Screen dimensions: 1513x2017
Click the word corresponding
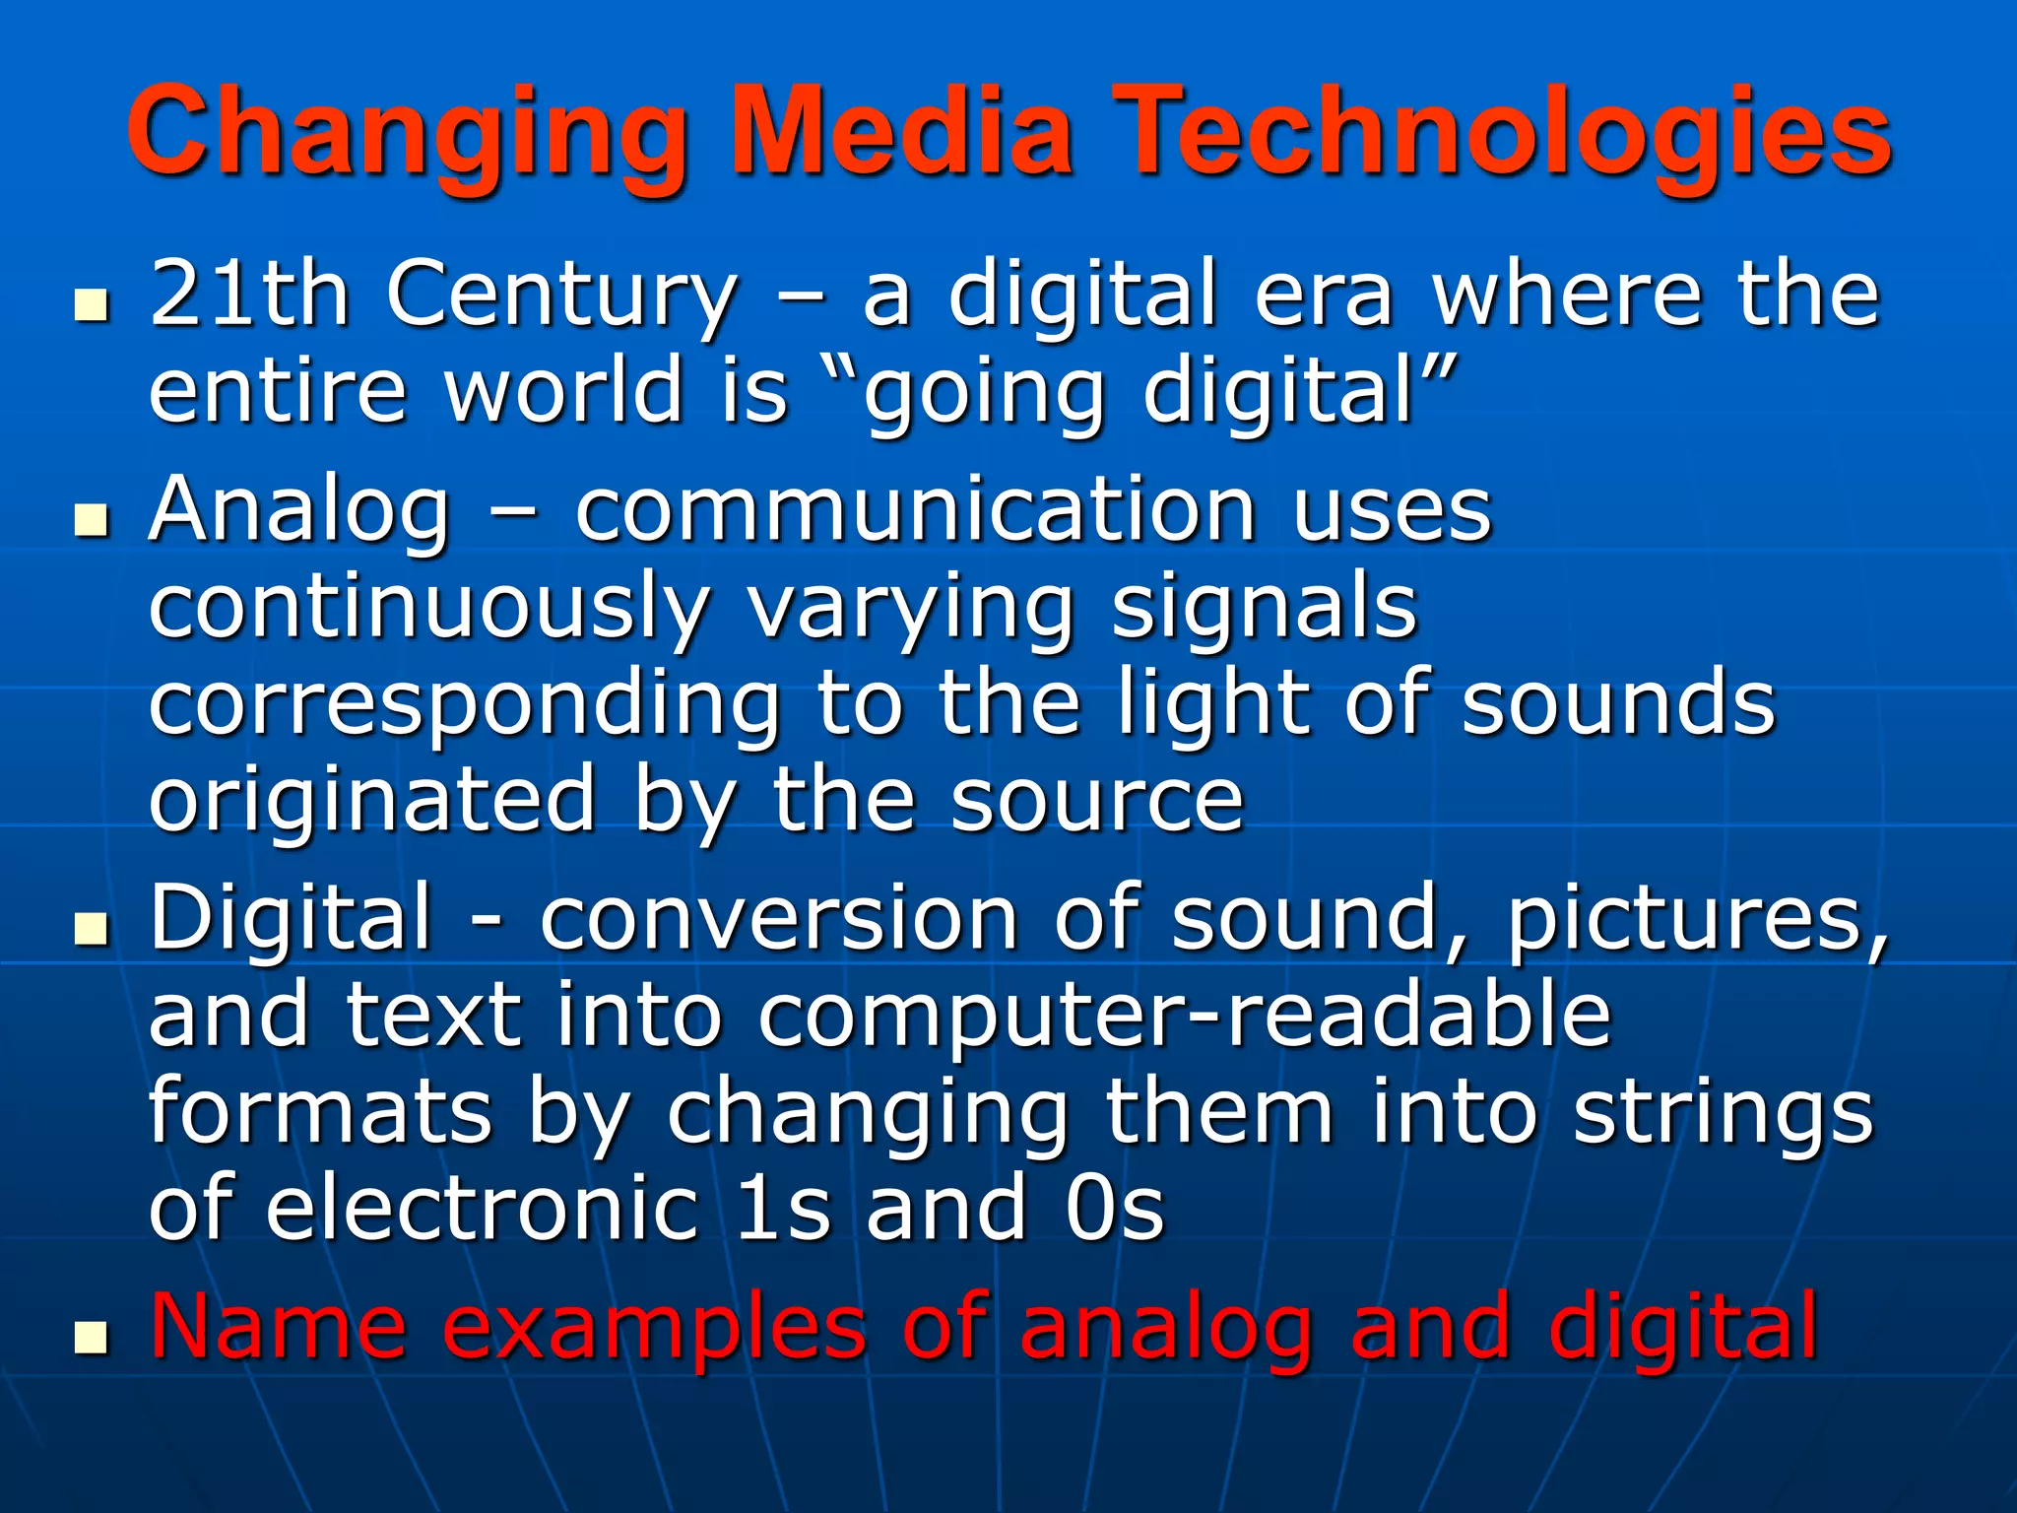coord(465,705)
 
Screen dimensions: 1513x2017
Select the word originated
coord(372,800)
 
